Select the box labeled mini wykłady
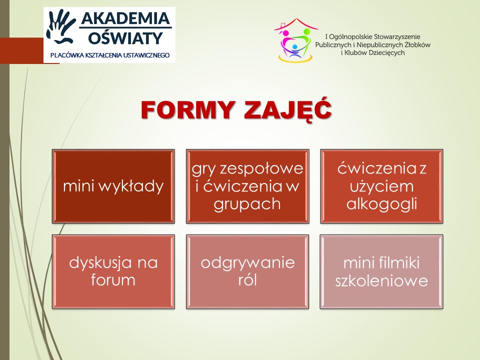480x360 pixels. click(x=113, y=186)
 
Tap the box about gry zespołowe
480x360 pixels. click(x=247, y=186)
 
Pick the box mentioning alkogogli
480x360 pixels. click(x=381, y=186)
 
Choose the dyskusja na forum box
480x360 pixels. click(x=113, y=271)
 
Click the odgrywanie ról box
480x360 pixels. click(x=247, y=271)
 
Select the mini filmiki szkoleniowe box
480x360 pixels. click(x=381, y=271)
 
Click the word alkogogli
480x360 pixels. click(x=381, y=204)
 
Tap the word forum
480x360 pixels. click(x=113, y=280)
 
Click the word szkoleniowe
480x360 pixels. click(x=381, y=280)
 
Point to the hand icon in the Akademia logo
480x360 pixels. click(x=60, y=27)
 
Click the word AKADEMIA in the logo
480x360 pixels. click(x=125, y=18)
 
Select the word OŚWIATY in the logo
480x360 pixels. click(x=125, y=37)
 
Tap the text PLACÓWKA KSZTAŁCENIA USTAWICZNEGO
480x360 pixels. click(x=110, y=55)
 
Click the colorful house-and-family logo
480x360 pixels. click(x=295, y=40)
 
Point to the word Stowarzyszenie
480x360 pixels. click(x=397, y=37)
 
